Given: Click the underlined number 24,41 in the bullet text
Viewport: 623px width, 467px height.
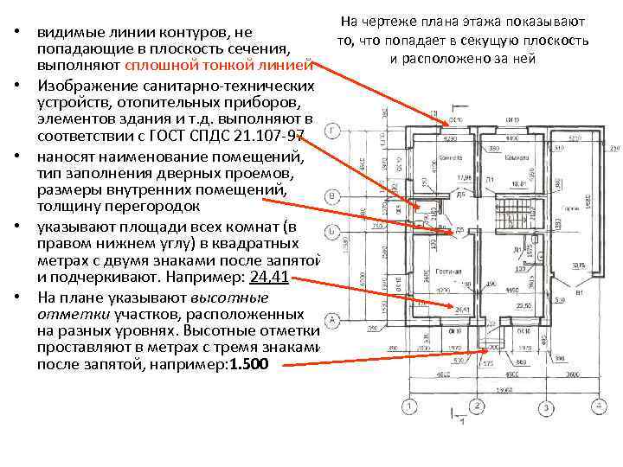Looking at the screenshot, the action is click(268, 278).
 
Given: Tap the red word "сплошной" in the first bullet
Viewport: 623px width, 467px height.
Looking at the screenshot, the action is click(157, 66).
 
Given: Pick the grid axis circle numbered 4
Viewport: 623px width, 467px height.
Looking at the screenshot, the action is click(601, 406).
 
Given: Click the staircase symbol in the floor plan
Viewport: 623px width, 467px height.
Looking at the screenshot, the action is click(508, 211).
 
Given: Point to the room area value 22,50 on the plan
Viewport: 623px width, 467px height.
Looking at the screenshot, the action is click(522, 305).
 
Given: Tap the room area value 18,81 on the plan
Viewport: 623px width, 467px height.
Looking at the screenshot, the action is click(517, 183).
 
